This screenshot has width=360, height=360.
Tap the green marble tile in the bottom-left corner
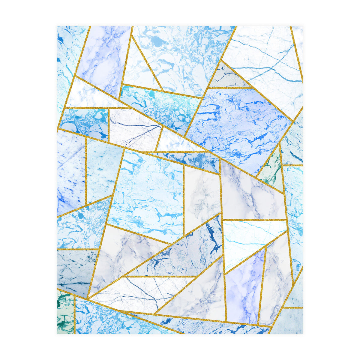click(x=65, y=312)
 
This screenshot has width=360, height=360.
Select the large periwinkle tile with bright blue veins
click(x=237, y=123)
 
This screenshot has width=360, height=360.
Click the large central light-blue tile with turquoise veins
click(x=147, y=192)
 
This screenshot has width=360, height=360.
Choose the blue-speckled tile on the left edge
click(x=70, y=174)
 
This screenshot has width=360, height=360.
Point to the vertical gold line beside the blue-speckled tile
click(x=86, y=171)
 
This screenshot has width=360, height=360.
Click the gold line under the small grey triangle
click(x=229, y=88)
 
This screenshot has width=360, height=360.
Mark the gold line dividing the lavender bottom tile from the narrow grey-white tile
click(x=262, y=285)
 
